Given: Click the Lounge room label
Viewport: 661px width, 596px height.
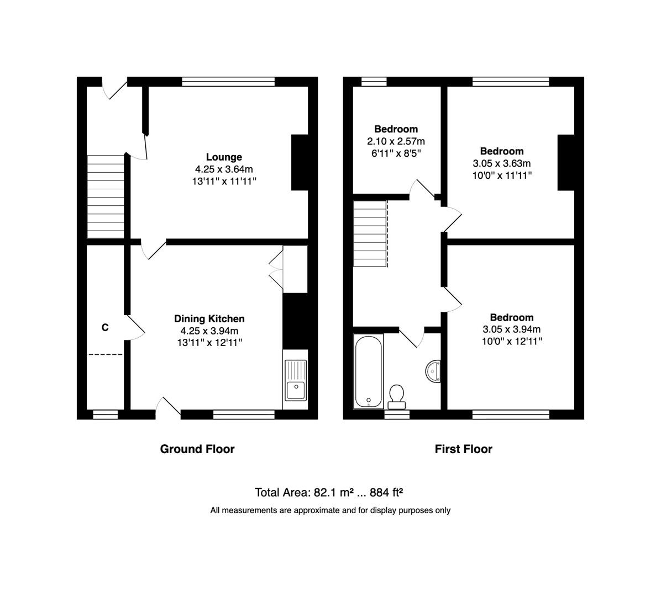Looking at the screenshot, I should [x=224, y=157].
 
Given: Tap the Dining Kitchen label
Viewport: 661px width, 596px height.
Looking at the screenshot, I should [x=209, y=318].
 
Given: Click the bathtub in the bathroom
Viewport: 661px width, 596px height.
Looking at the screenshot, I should [x=368, y=370].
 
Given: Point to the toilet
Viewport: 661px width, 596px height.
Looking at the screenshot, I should [x=396, y=395].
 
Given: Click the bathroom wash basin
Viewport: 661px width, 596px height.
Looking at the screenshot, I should [x=433, y=371].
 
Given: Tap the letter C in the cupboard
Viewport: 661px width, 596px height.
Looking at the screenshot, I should [x=104, y=328].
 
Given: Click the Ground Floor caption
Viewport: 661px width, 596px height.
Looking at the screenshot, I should [x=197, y=449].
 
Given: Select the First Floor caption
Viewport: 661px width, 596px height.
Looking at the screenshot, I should [x=463, y=449].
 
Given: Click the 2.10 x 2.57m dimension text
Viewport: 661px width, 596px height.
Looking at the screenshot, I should [x=396, y=141].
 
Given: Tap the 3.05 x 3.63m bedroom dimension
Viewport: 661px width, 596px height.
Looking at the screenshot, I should [x=501, y=163].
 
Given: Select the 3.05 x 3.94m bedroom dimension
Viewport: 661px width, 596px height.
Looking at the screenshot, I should [x=511, y=329].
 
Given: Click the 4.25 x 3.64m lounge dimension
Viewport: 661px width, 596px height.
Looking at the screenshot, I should [x=224, y=169].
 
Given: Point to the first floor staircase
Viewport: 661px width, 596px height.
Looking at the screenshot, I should [x=370, y=234].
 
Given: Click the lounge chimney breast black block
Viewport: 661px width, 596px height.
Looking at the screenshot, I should [x=299, y=163].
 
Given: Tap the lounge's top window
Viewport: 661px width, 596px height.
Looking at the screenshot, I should [x=228, y=82].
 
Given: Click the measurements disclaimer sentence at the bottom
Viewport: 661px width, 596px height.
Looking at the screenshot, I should [x=330, y=510].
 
